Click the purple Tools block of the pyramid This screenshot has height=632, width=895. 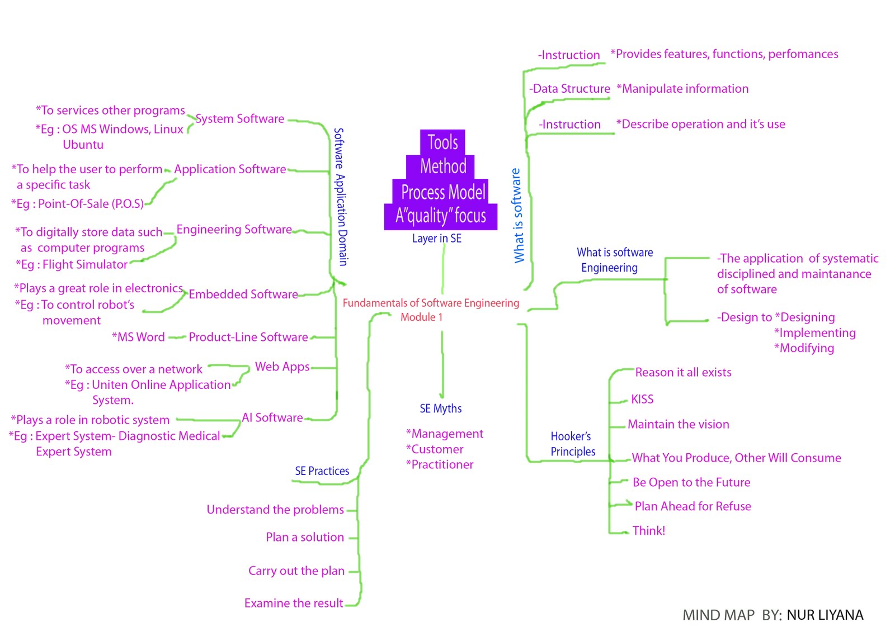[442, 142]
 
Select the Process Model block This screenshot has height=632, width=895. [442, 192]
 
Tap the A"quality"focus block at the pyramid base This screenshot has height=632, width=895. [441, 216]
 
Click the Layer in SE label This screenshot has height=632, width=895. [436, 239]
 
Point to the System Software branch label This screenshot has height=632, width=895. [239, 118]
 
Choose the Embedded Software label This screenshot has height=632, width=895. [243, 294]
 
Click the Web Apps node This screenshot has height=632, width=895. [282, 367]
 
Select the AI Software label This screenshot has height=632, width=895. [272, 417]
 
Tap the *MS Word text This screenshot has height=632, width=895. [138, 337]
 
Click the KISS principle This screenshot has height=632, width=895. [642, 399]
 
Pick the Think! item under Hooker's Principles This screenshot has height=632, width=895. [648, 530]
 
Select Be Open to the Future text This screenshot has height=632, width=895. [691, 482]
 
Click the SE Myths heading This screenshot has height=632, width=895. [440, 408]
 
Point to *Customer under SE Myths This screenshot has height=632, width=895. [435, 449]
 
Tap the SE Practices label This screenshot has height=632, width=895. [322, 471]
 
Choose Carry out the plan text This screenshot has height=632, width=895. [296, 571]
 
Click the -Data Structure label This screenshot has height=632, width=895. [569, 88]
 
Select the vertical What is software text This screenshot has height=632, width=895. [517, 215]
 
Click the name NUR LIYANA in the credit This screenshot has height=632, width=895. [825, 615]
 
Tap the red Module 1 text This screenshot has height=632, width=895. [421, 317]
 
